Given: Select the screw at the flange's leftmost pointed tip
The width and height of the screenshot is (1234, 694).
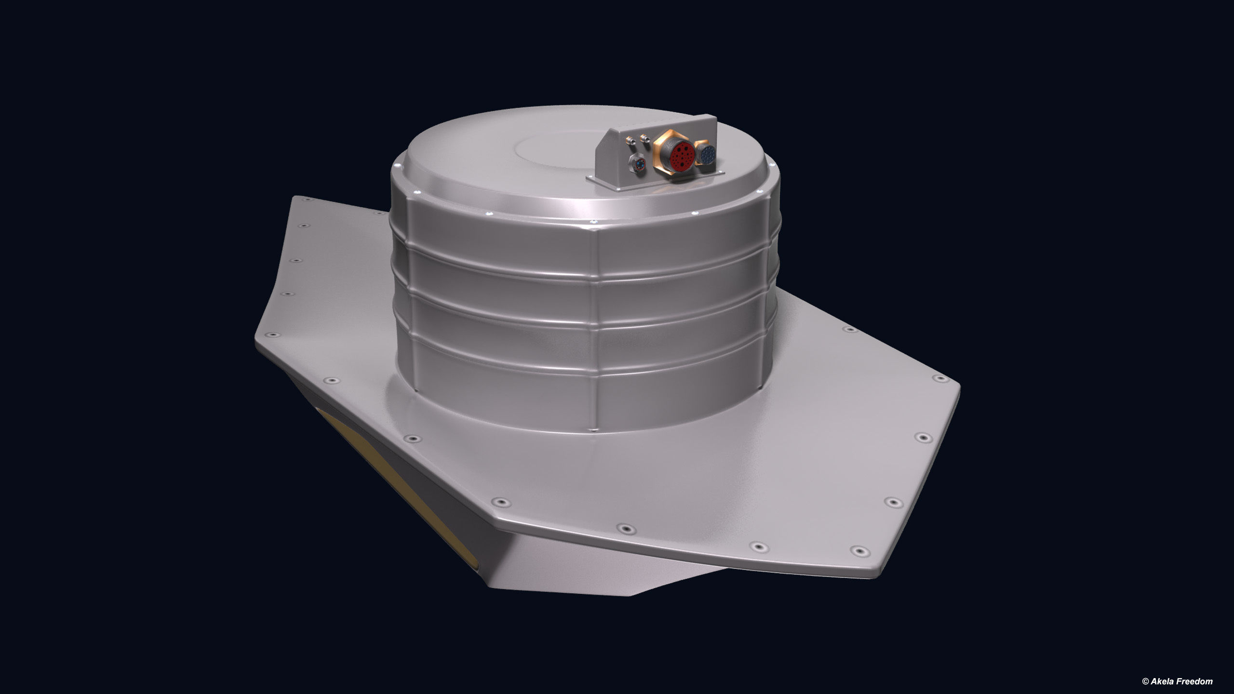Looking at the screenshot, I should pos(273,334).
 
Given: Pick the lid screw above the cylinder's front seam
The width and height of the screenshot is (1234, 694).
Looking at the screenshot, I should pos(594,221).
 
